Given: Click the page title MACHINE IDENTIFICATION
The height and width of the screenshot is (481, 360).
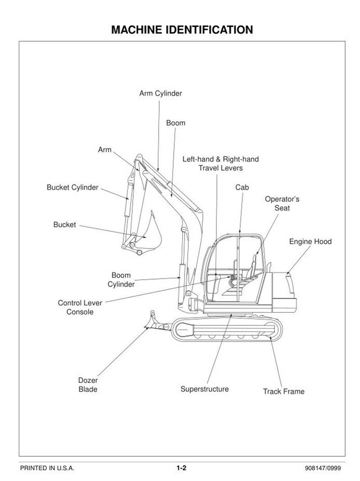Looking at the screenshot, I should click(x=181, y=30).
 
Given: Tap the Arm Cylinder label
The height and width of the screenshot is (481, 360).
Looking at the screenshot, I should click(x=160, y=94).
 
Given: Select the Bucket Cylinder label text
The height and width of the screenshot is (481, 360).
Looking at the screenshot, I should click(x=72, y=188).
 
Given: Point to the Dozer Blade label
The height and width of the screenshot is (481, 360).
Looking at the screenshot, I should click(x=88, y=385).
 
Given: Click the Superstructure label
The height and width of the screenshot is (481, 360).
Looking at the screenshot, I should click(x=204, y=389).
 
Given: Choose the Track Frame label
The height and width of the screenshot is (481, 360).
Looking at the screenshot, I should click(x=283, y=391).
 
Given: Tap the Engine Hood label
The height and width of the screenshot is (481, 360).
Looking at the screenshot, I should click(x=310, y=242).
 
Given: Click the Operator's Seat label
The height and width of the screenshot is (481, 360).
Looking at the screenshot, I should click(x=282, y=203).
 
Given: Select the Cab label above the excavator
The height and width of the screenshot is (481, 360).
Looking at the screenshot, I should click(x=242, y=187).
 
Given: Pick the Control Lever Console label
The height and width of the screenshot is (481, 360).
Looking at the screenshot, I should click(x=80, y=307).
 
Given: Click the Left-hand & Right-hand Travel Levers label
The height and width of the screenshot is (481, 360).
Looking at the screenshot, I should click(x=220, y=164).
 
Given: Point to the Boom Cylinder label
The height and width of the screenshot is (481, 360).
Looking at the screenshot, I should click(x=121, y=279).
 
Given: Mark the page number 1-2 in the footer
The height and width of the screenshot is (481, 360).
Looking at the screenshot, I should click(x=181, y=468).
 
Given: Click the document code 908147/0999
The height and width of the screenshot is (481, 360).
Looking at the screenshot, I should click(x=323, y=468).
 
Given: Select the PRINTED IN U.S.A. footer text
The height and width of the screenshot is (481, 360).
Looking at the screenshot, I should click(x=47, y=468).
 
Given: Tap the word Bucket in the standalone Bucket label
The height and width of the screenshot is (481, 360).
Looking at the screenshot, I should click(x=64, y=225).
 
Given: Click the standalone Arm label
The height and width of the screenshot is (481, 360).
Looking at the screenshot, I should click(x=104, y=150).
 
